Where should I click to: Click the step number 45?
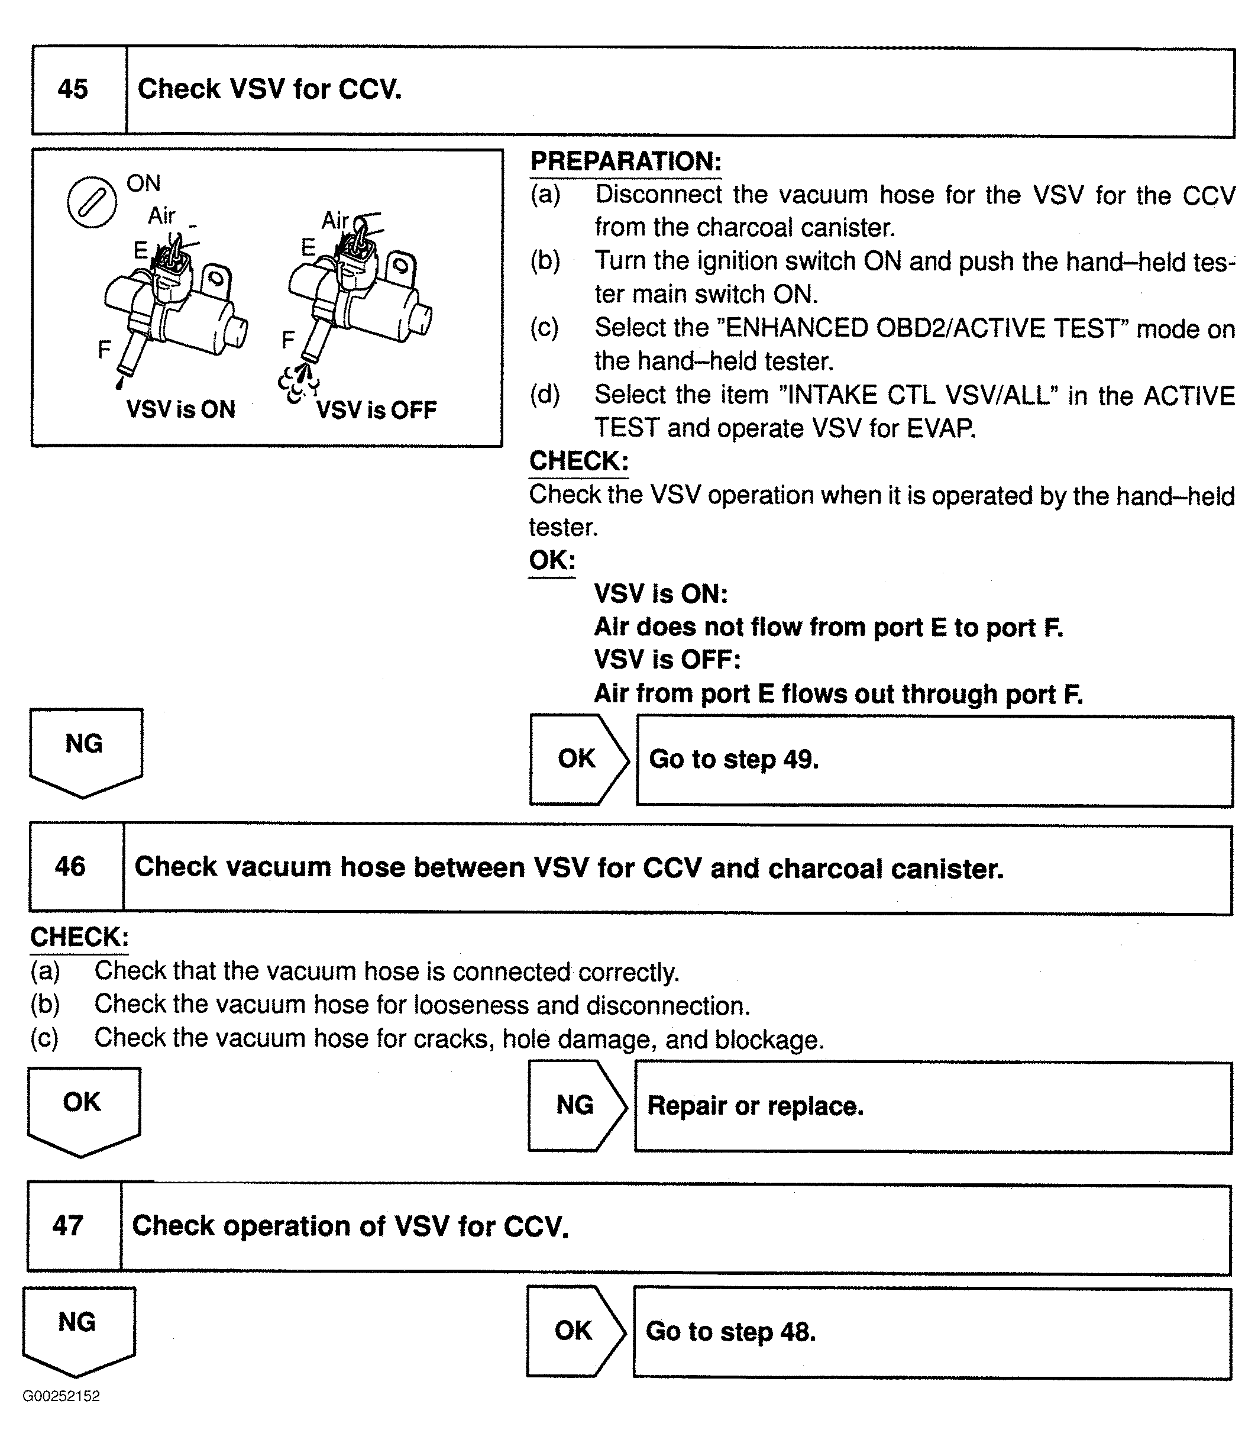coord(73,89)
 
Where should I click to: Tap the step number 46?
coord(70,867)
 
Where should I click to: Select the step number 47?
coord(68,1225)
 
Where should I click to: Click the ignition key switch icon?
coord(91,203)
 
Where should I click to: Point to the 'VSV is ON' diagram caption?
coord(180,409)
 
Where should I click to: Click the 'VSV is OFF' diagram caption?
coord(376,410)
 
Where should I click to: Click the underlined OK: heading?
coord(552,560)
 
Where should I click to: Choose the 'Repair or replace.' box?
coord(932,1106)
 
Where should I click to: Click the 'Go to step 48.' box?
coord(932,1332)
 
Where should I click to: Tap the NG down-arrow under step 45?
coord(85,750)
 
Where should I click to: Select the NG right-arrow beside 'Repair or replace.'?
coord(576,1105)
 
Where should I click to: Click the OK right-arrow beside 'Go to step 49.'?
coord(578,759)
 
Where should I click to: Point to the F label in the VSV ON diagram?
coord(104,349)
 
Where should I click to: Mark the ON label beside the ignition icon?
coord(143,183)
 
